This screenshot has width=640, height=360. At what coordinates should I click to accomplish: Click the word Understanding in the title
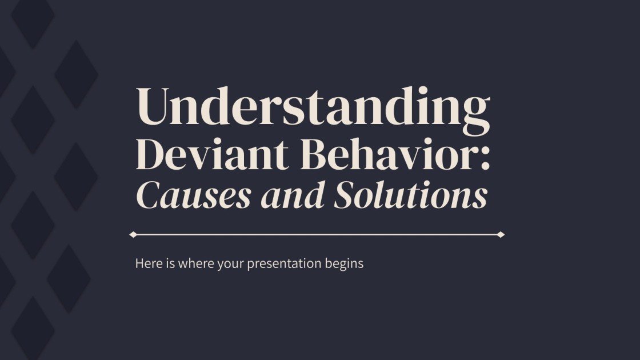point(313,108)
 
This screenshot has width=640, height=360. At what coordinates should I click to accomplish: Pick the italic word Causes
point(194,196)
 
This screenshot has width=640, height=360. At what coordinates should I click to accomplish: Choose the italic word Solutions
point(411,196)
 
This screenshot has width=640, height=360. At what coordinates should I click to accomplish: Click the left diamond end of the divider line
point(133,234)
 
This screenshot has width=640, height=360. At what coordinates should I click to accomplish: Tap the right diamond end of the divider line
point(501,234)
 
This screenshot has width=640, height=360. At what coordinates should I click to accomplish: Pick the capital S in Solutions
point(346,196)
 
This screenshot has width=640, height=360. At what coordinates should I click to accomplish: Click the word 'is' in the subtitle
point(170,264)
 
